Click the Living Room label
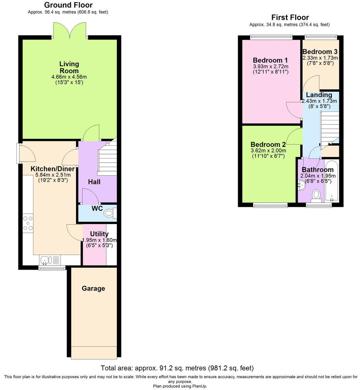tap(69, 67)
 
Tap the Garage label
tap(93, 288)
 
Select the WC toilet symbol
tap(109, 214)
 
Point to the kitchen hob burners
tap(28, 223)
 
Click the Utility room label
tap(99, 234)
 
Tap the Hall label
tap(94, 182)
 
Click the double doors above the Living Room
tap(70, 30)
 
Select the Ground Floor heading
tap(68, 5)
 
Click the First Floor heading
tap(290, 17)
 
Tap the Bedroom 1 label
tap(270, 60)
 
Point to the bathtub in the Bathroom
tap(332, 182)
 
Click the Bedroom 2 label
tap(268, 144)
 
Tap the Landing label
tap(319, 95)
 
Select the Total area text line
tap(177, 368)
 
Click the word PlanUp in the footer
tap(200, 386)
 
